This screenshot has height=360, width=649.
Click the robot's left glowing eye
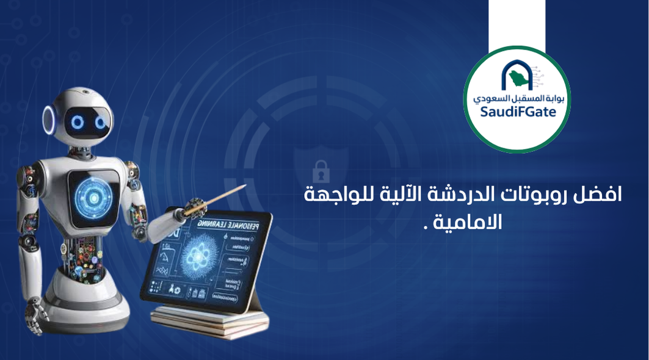coord(78,123)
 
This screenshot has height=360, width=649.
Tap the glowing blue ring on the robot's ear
coord(49,118)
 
